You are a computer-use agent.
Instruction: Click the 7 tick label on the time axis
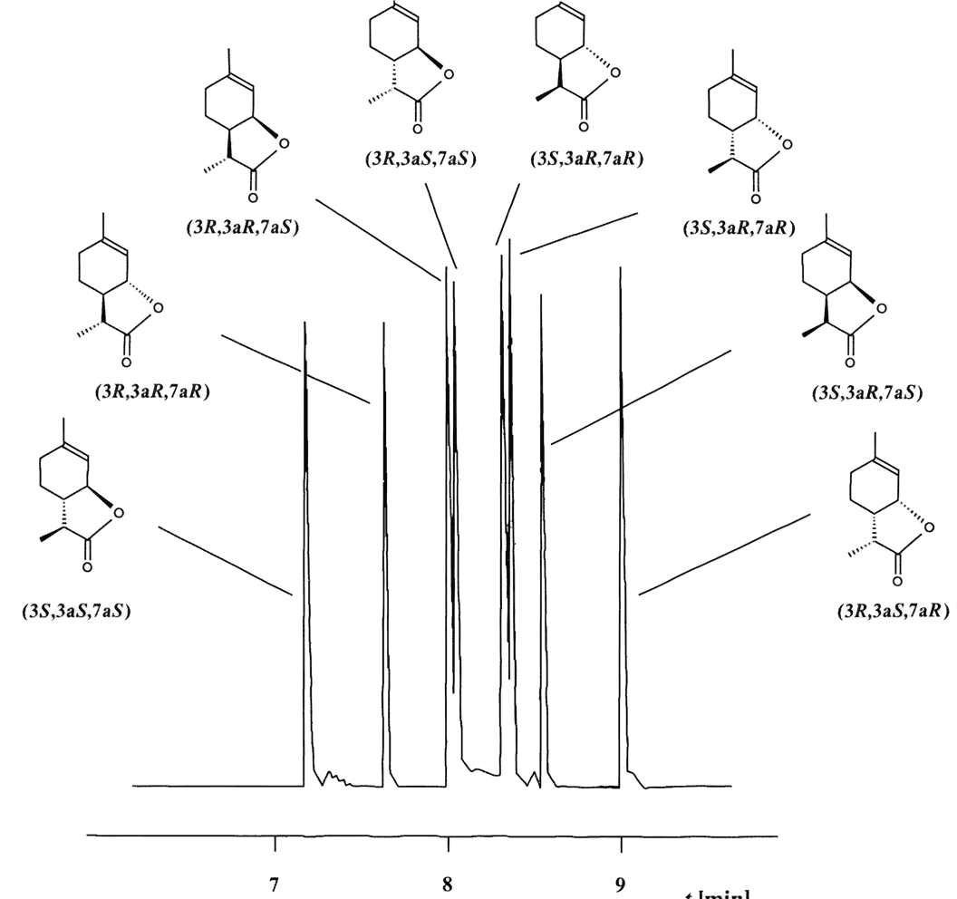click(x=274, y=883)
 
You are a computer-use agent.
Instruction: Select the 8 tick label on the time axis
click(x=447, y=883)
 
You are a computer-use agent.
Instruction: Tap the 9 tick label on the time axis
click(x=621, y=883)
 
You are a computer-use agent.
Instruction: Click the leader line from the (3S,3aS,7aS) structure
click(x=225, y=559)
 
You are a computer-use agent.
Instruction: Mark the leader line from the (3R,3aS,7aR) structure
click(x=725, y=554)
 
